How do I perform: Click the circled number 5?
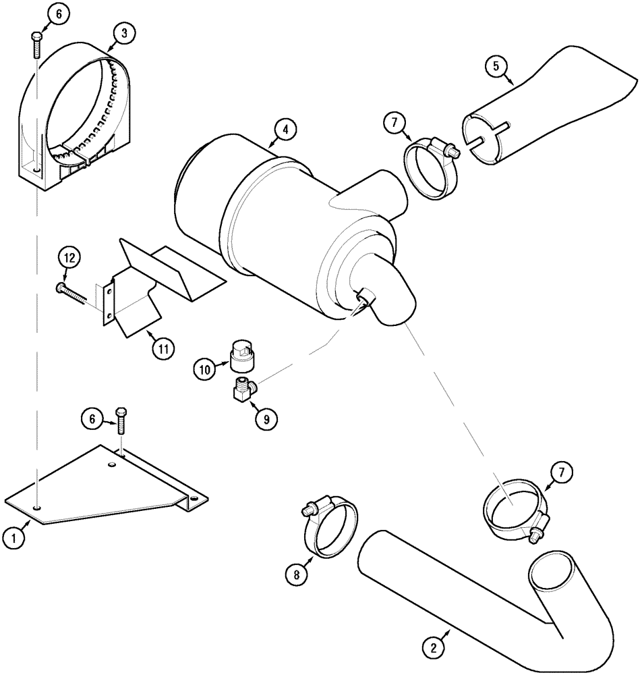pyautogui.click(x=496, y=66)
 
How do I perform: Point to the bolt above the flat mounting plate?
pyautogui.click(x=121, y=429)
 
